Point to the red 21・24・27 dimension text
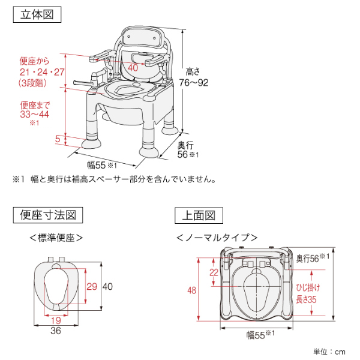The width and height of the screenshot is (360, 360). pyautogui.click(x=41, y=72)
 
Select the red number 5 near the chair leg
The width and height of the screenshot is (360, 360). pyautogui.click(x=58, y=139)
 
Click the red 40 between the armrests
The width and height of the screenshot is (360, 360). pyautogui.click(x=133, y=67)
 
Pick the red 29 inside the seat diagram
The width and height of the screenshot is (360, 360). pyautogui.click(x=92, y=286)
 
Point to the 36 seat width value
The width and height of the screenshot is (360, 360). pyautogui.click(x=56, y=331)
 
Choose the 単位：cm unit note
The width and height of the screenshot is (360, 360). pyautogui.click(x=330, y=351)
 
